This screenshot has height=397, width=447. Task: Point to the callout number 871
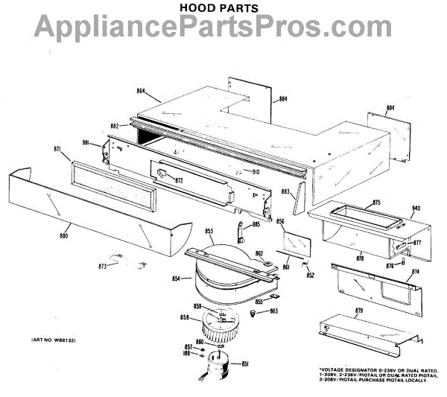(x=57, y=150)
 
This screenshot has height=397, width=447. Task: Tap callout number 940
(x=416, y=208)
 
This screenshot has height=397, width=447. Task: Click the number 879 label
(x=359, y=310)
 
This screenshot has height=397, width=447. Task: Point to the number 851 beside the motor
(x=245, y=363)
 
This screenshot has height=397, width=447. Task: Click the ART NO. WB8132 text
(x=54, y=340)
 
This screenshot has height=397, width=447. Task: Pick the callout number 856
(x=281, y=222)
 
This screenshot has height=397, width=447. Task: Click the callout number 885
(x=256, y=224)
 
